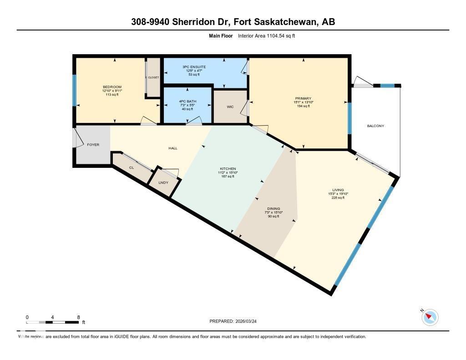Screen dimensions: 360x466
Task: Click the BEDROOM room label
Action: pos(112,86)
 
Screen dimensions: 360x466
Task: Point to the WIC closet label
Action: pos(230,107)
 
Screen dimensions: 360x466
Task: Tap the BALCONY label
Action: pos(375,126)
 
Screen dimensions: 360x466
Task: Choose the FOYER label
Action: pos(93,145)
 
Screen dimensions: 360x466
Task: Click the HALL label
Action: pos(173,148)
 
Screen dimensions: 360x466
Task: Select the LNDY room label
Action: pos(163,183)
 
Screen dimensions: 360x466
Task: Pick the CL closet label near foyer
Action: pos(132,167)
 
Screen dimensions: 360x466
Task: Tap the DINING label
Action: pos(274,208)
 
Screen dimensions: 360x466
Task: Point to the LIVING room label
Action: pos(338,190)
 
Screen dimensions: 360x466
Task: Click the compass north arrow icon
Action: pos(429,317)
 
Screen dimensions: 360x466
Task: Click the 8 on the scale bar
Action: pos(79,317)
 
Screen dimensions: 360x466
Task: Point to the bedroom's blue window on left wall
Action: pos(75,90)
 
